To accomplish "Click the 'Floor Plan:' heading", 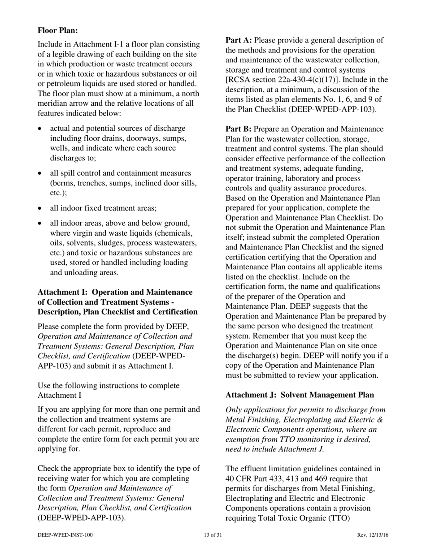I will (57, 30).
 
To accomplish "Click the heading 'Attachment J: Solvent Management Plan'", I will (300, 395).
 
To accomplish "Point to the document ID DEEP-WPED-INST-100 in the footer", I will (65, 535).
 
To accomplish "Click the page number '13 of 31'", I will (213, 535).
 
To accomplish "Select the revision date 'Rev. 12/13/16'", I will (373, 535).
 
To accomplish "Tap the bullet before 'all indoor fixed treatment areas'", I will (40, 209).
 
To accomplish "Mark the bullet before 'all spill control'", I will (40, 174).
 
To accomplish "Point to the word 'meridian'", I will (52, 103).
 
